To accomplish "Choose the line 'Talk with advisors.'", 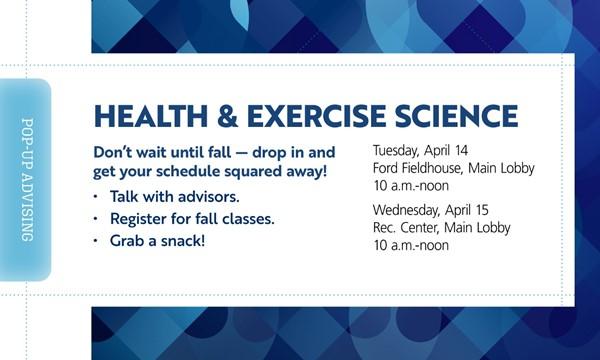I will click(x=175, y=196).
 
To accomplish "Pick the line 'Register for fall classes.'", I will click(x=193, y=218).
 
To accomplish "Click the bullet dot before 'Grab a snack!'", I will click(x=97, y=242).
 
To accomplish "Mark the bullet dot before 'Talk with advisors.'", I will click(x=97, y=197).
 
